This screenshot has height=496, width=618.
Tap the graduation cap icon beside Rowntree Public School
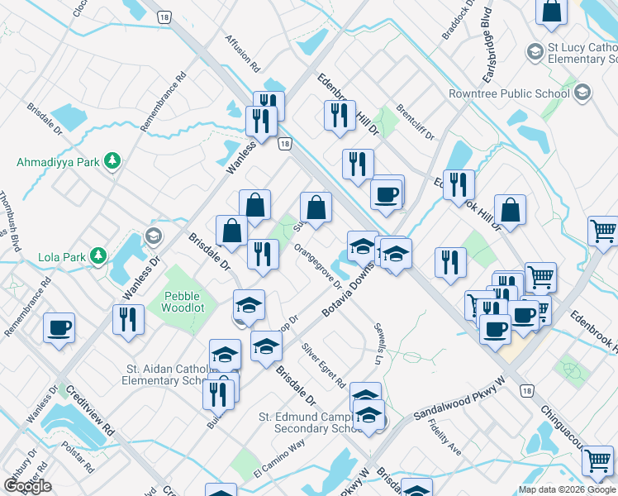(x=584, y=93)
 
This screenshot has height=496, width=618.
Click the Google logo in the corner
(x=27, y=486)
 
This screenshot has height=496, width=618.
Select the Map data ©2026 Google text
(x=568, y=489)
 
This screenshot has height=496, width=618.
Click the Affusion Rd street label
(x=243, y=54)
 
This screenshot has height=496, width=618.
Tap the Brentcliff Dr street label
(x=415, y=122)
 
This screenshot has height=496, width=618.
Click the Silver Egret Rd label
(x=323, y=366)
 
